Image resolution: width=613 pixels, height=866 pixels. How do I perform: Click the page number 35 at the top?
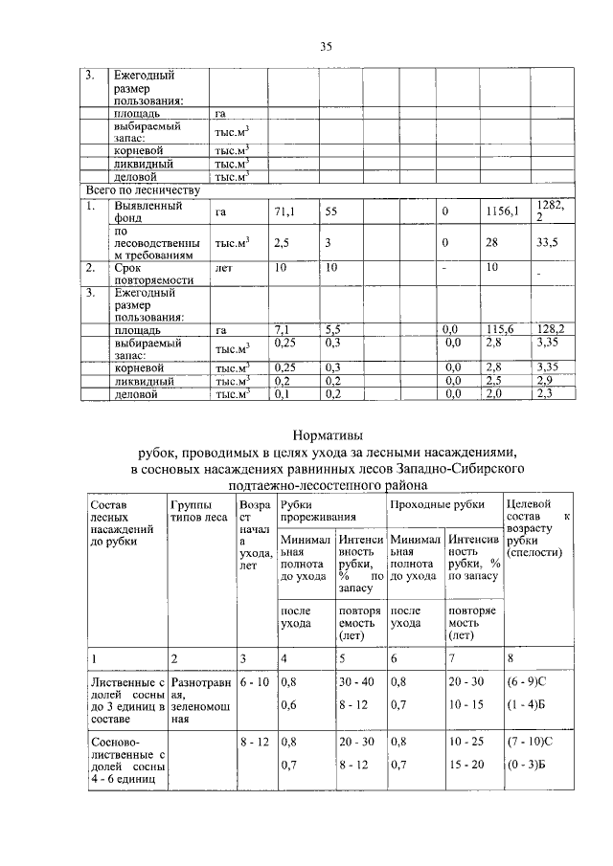click(x=325, y=47)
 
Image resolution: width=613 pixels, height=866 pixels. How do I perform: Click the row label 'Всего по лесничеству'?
click(x=143, y=189)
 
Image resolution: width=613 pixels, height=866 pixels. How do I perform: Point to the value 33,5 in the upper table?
click(x=547, y=243)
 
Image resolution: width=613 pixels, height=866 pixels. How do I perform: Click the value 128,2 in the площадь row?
click(x=549, y=328)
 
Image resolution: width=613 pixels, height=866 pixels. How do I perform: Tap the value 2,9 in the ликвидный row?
click(x=546, y=380)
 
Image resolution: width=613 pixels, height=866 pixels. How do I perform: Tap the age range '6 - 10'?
click(x=254, y=681)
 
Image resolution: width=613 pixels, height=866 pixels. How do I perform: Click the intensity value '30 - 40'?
click(x=353, y=681)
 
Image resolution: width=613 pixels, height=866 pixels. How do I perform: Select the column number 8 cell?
click(x=510, y=658)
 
